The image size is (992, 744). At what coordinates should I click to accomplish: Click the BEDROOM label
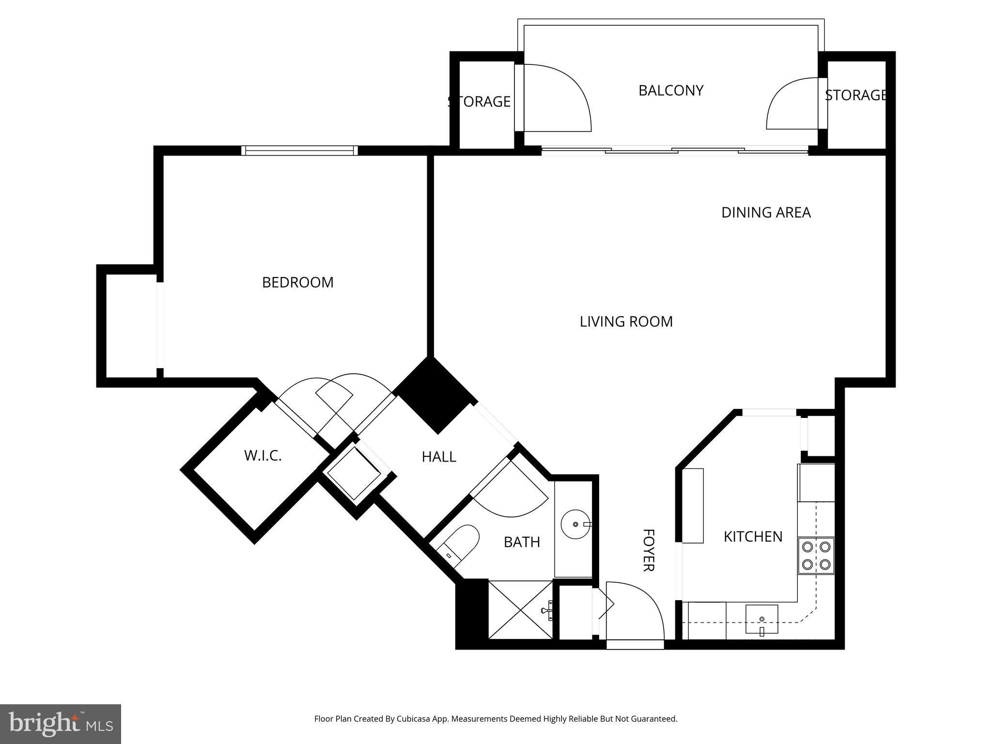[x=297, y=282]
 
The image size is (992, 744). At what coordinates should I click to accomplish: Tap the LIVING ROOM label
[x=626, y=322]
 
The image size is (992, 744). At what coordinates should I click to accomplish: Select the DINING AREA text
[x=765, y=213]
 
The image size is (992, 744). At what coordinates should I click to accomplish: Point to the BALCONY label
[x=670, y=91]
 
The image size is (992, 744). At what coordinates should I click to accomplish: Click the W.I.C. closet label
[x=263, y=456]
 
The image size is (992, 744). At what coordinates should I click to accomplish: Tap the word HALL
[x=438, y=457]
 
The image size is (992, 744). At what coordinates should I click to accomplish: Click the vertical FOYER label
[x=649, y=550]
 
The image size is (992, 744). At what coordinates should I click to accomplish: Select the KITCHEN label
[x=753, y=537]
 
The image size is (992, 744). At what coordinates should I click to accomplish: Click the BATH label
[x=522, y=542]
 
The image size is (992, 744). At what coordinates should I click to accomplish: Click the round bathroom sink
[x=575, y=524]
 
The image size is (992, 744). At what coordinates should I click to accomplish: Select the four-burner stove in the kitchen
[x=816, y=556]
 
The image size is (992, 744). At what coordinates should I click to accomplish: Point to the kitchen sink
[x=761, y=619]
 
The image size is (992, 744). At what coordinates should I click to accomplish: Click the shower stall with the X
[x=520, y=610]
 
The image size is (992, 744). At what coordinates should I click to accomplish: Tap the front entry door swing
[x=635, y=613]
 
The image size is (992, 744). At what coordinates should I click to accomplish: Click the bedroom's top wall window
[x=299, y=151]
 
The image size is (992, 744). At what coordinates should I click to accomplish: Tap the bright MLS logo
[x=61, y=724]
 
